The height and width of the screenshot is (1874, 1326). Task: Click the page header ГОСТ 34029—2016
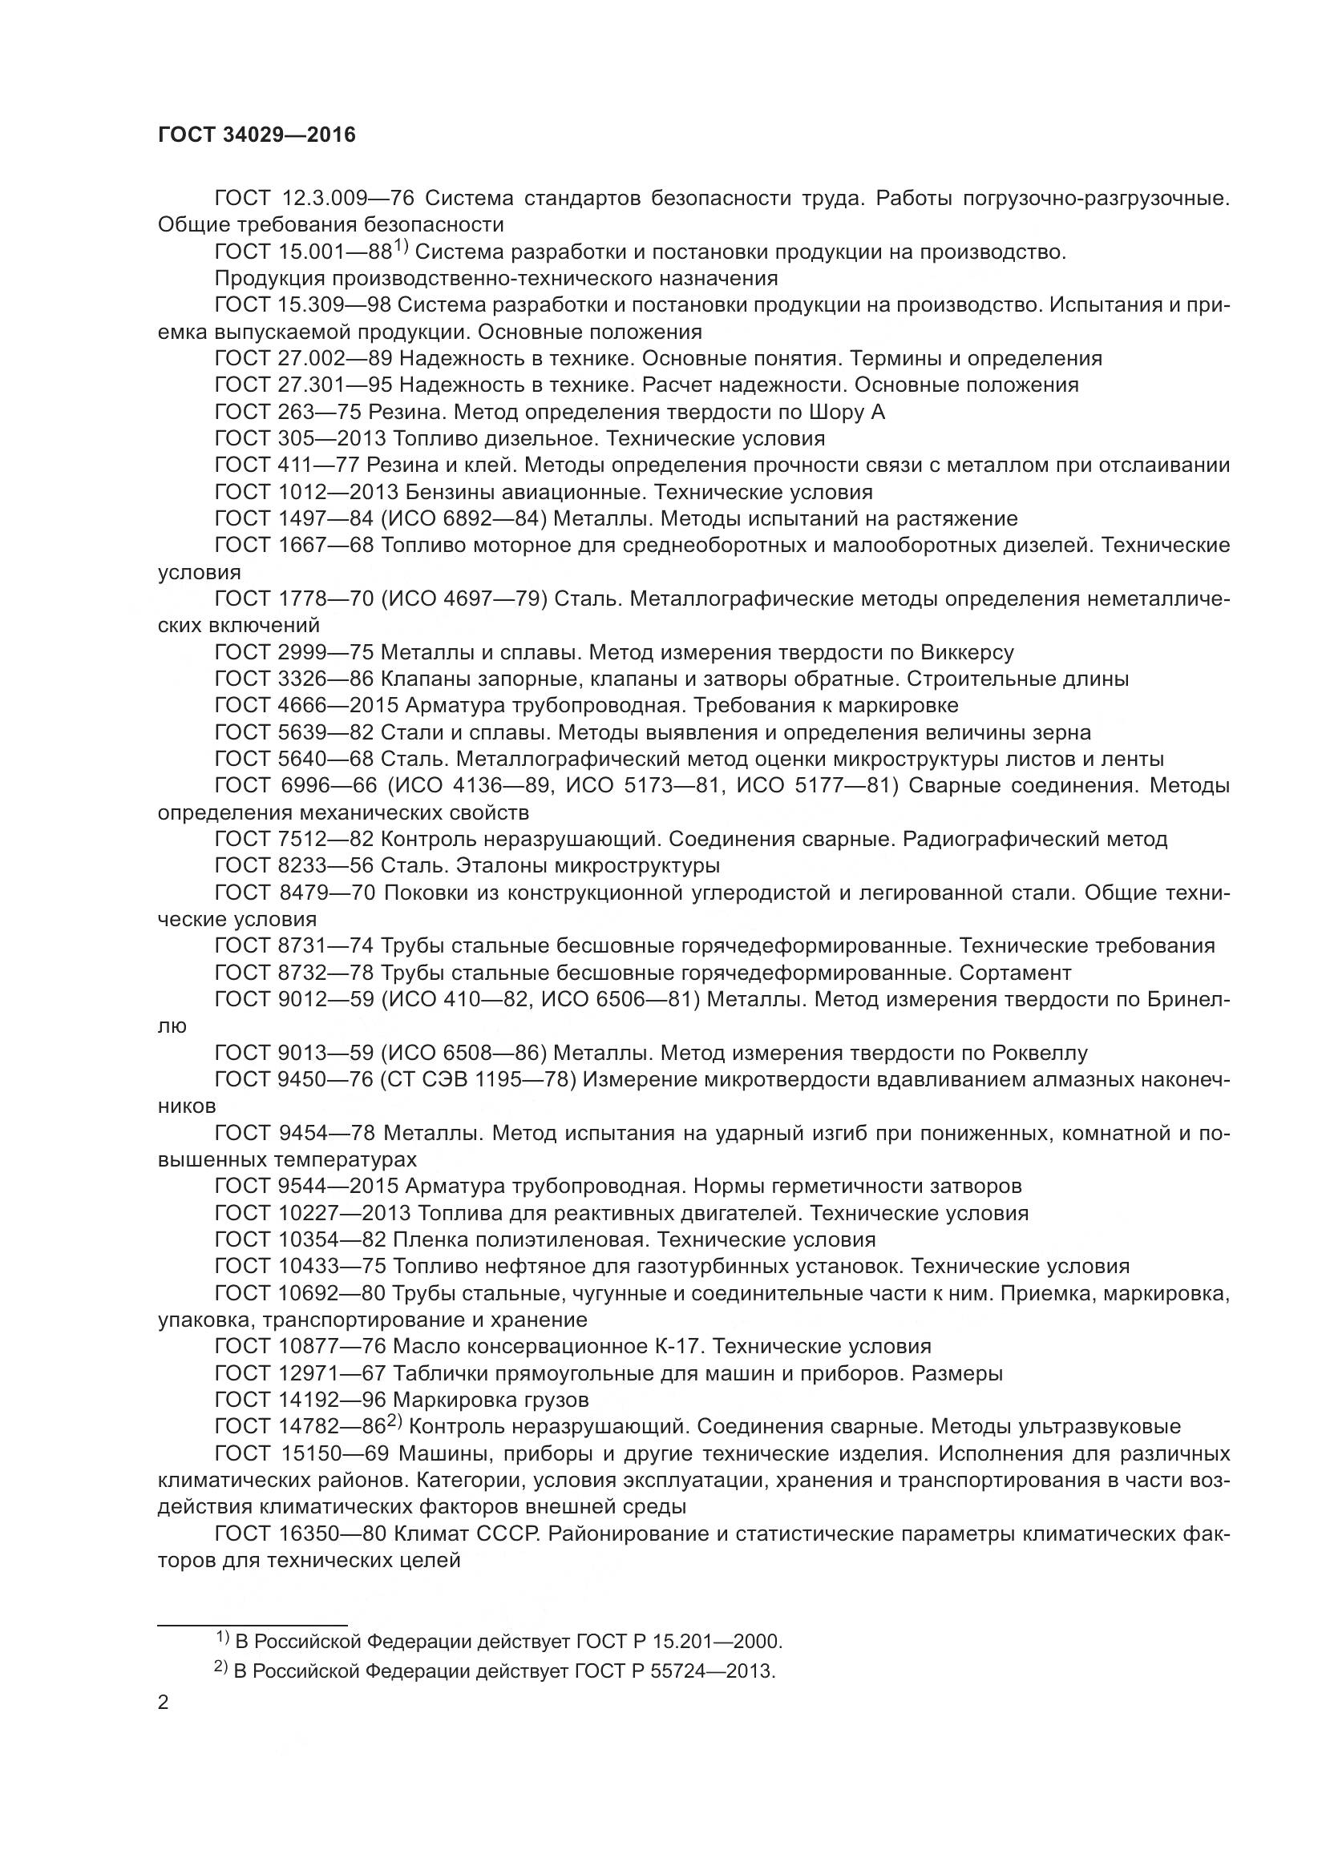coord(257,135)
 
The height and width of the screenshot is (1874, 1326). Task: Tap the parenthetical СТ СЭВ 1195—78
coord(479,1080)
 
